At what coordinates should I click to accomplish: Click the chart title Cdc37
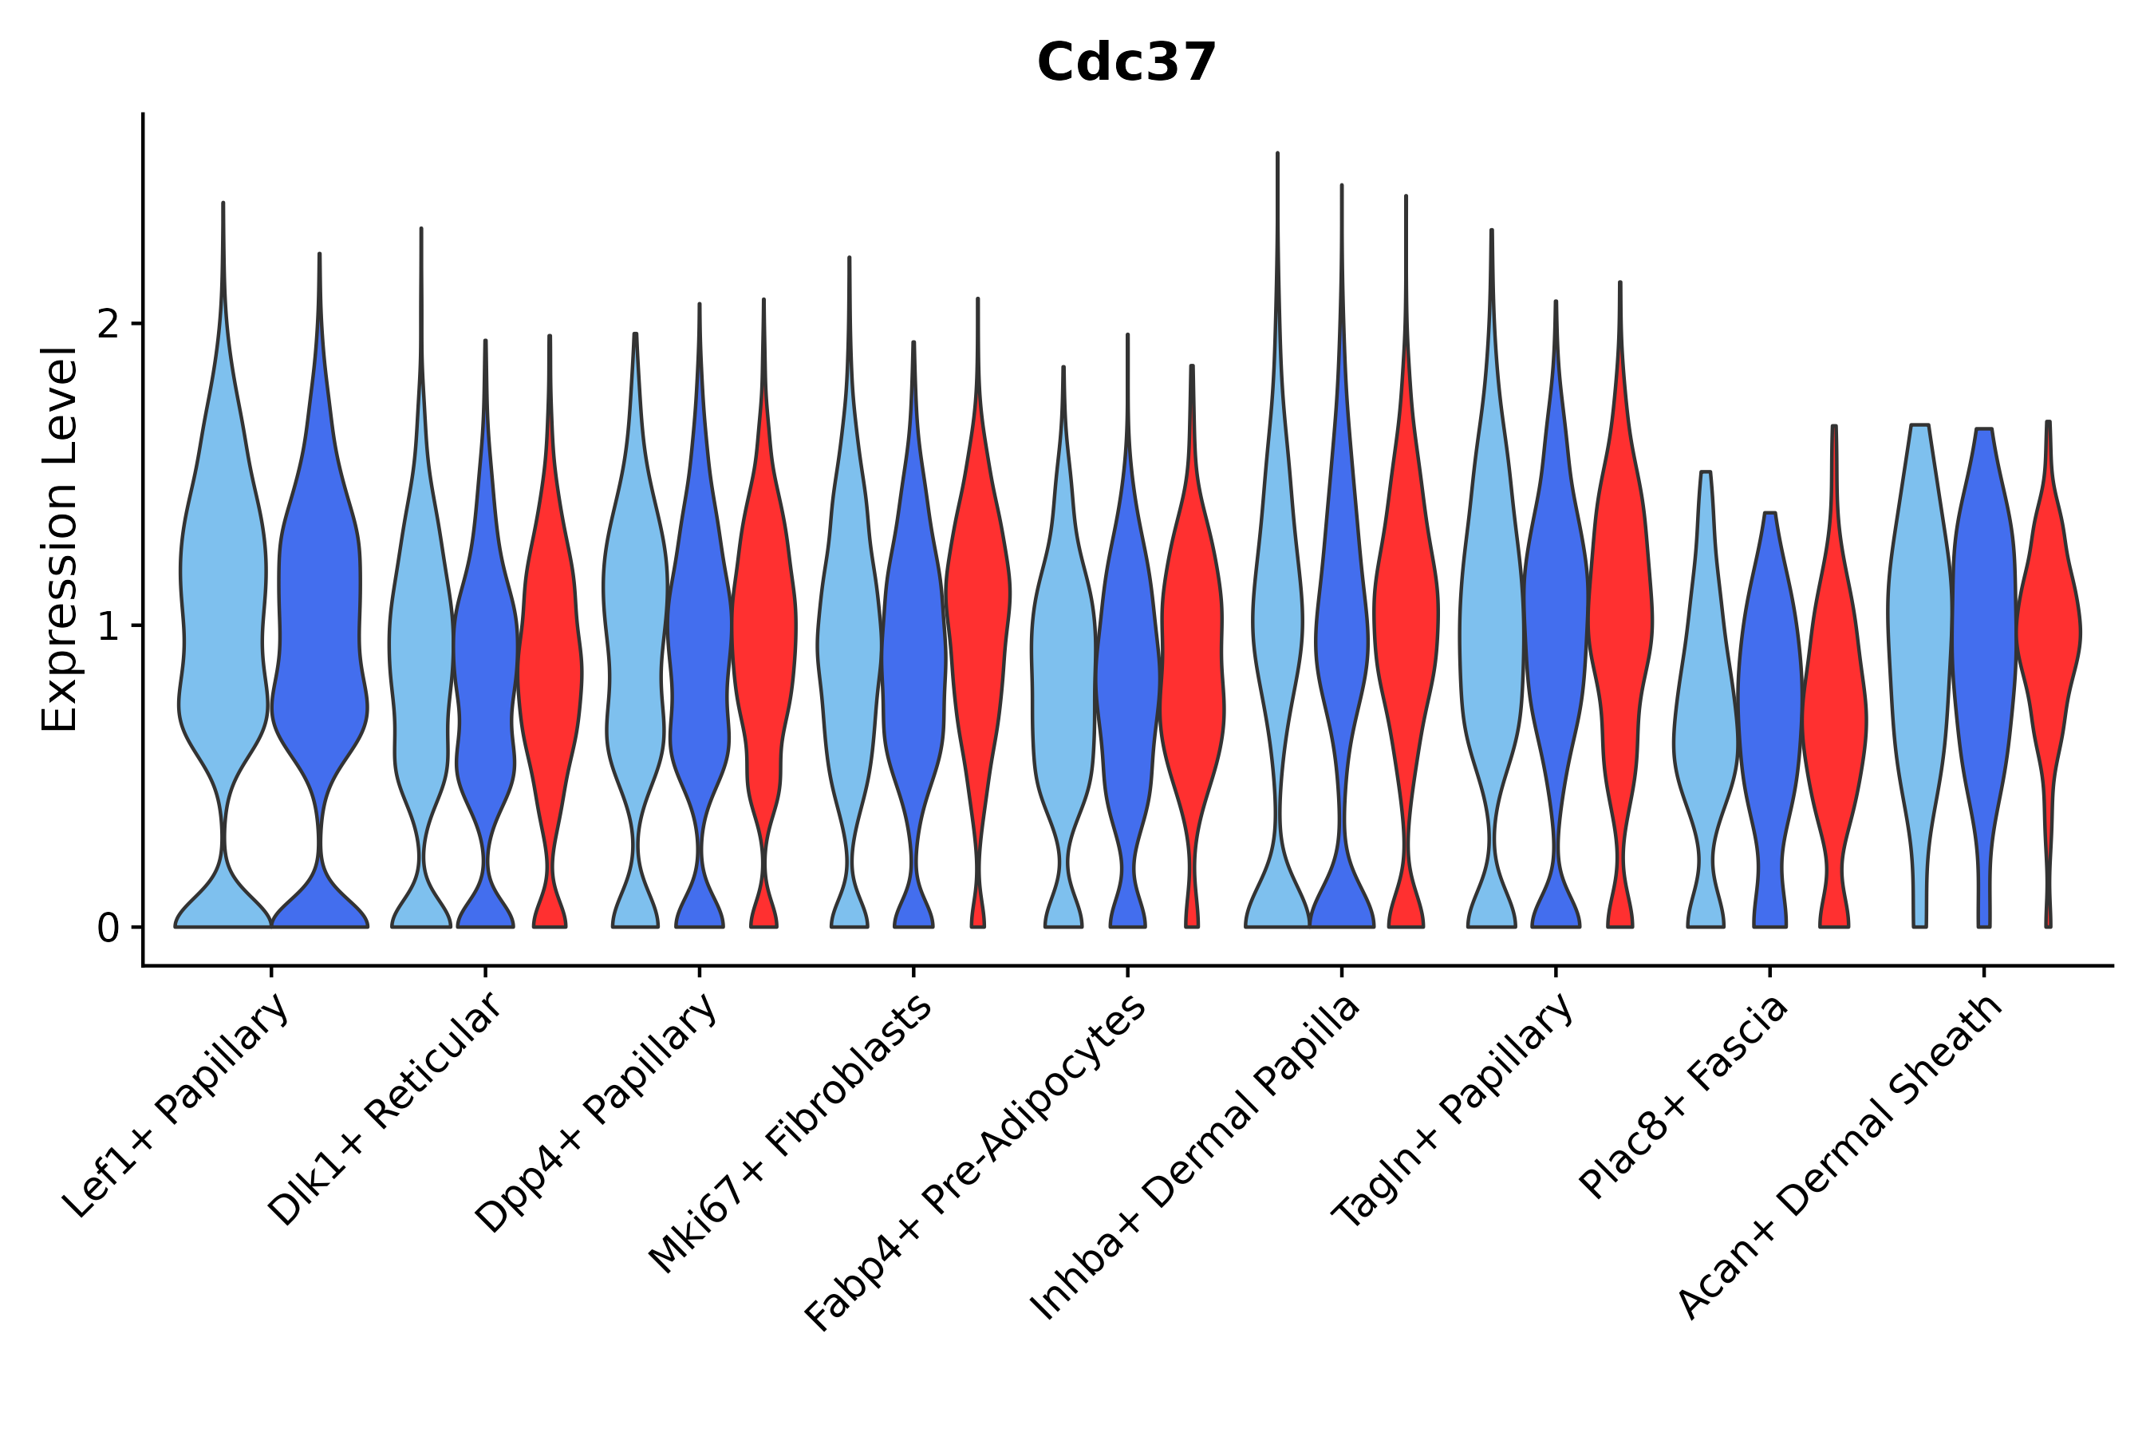click(x=1126, y=64)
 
